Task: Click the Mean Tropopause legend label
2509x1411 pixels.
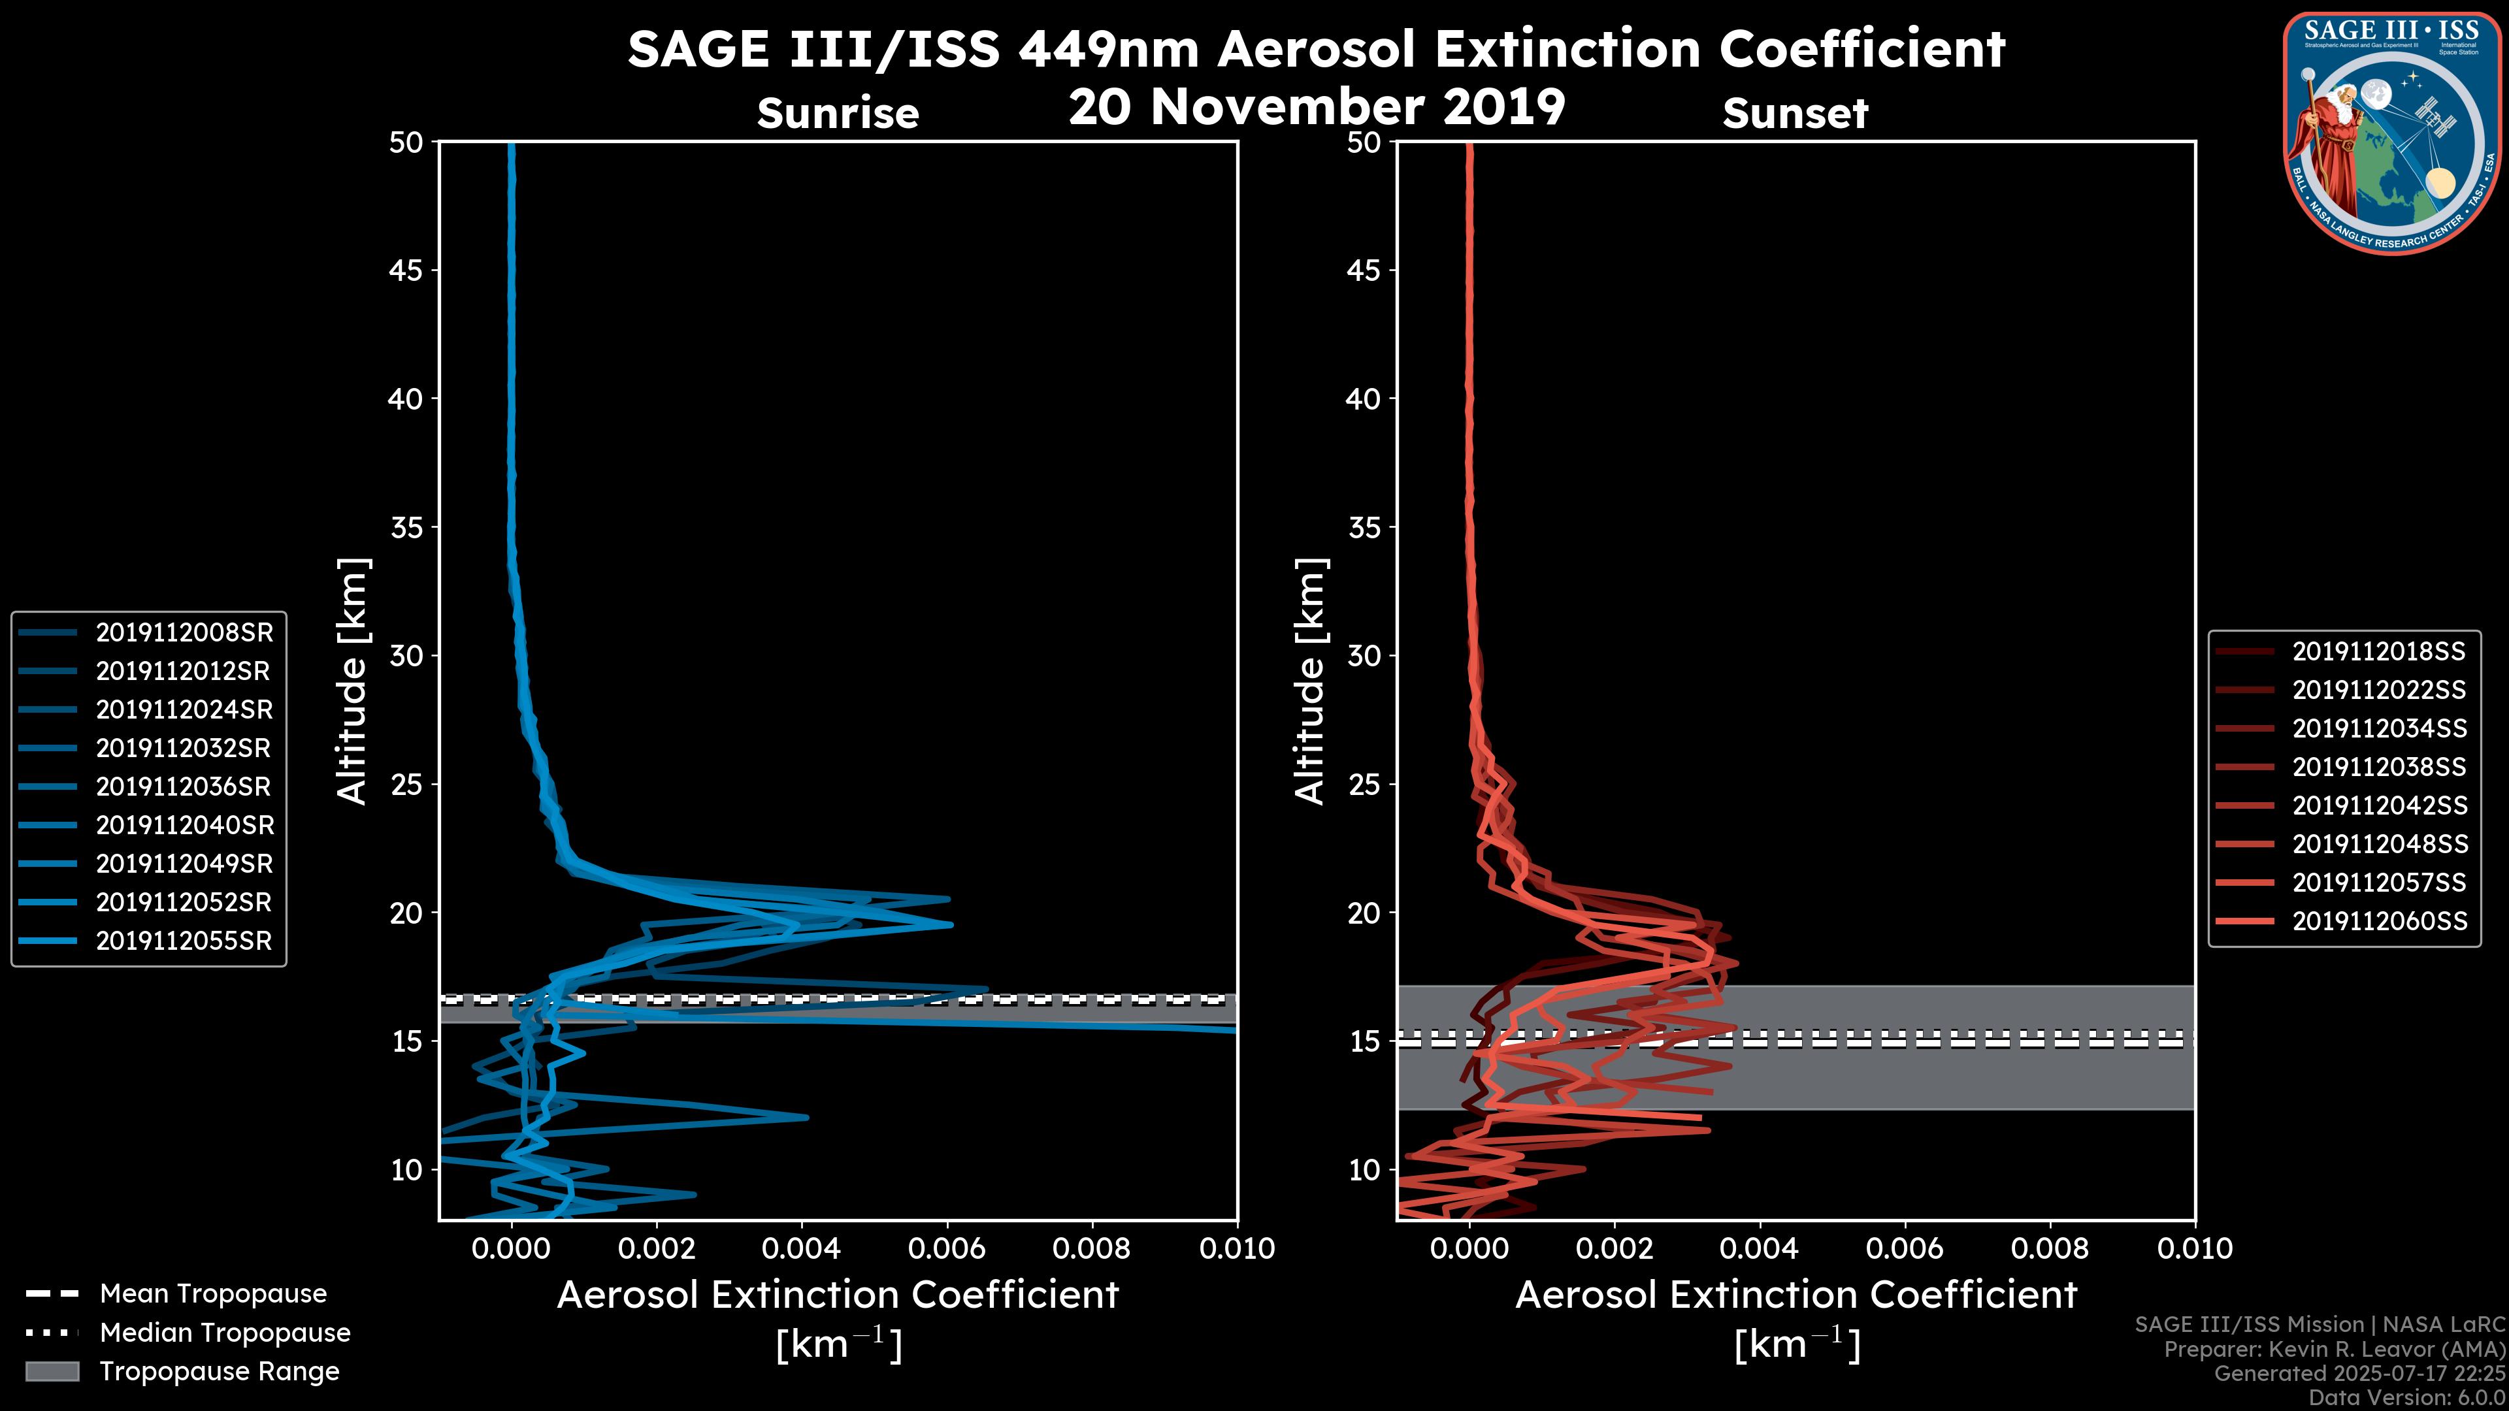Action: click(213, 1294)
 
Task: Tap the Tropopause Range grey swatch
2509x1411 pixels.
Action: click(52, 1371)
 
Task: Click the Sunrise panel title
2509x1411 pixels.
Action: click(838, 114)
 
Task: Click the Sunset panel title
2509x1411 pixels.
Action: click(1795, 114)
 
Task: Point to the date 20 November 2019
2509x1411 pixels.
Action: click(1317, 107)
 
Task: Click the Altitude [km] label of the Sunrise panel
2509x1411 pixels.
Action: click(353, 681)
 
